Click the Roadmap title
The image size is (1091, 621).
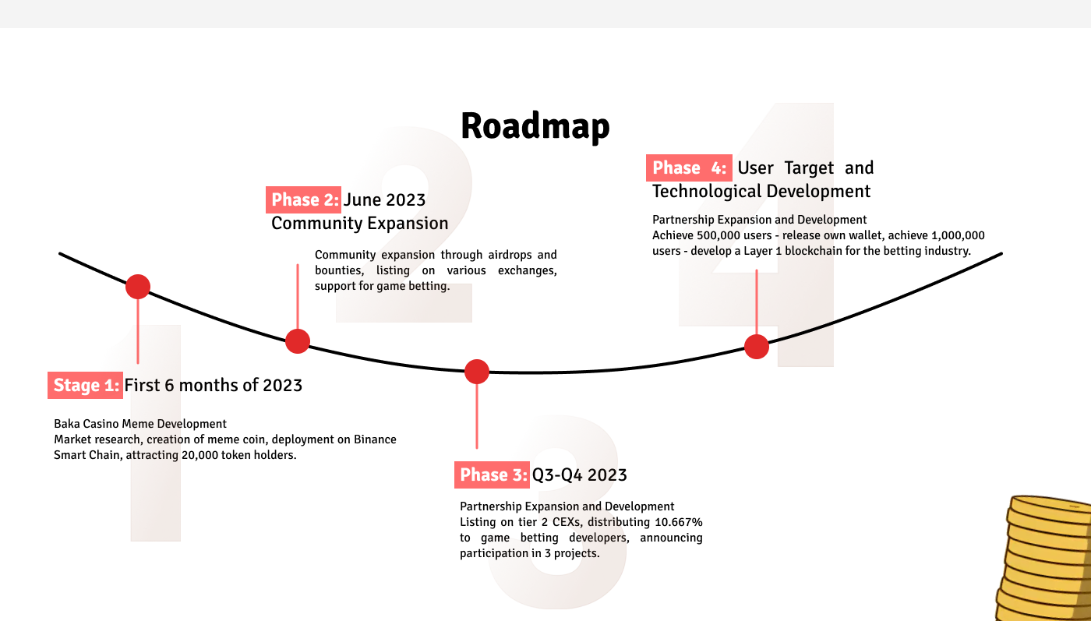pos(535,125)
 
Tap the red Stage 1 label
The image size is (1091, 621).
pos(85,385)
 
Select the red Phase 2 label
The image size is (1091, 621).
pos(303,199)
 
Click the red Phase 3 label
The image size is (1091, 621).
pos(492,475)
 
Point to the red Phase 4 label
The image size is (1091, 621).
pos(689,168)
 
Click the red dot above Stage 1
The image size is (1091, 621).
pos(138,287)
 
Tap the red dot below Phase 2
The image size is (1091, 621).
pos(298,341)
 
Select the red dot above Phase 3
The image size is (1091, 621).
pos(477,372)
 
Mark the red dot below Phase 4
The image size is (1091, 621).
pos(757,347)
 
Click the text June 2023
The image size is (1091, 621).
pos(384,199)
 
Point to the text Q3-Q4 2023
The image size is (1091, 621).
pos(579,475)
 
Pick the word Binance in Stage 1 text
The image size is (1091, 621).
pos(375,439)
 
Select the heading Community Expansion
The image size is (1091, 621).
pos(359,223)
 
